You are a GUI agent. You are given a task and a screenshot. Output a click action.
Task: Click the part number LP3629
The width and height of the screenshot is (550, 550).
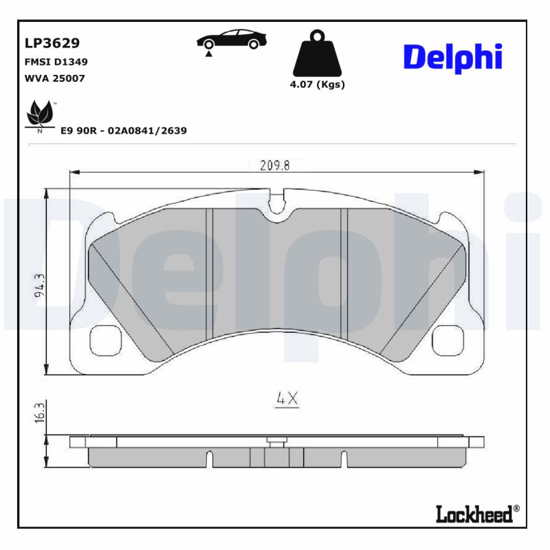pos(52,43)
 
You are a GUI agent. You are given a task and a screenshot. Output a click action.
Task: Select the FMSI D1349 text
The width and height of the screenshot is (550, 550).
pos(56,61)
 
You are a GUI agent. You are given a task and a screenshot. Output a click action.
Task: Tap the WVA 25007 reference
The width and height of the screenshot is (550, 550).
pos(54,78)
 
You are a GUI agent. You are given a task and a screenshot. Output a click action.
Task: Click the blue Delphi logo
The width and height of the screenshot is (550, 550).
pos(452,58)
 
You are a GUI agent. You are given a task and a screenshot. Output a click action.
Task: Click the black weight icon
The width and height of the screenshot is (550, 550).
pos(316,54)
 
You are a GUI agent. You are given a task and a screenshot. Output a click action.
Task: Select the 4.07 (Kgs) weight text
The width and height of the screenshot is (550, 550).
pos(317,85)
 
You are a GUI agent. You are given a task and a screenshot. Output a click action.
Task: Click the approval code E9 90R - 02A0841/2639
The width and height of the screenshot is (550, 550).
pos(124,130)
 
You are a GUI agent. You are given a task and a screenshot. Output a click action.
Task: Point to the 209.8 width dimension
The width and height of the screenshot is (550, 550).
pos(274,165)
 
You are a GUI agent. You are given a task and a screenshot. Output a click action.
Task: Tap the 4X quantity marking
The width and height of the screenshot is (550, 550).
pos(286,398)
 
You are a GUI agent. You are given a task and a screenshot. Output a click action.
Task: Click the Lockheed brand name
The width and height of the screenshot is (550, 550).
pos(474,513)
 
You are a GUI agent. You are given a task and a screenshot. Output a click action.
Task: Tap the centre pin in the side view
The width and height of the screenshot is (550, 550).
pos(276,442)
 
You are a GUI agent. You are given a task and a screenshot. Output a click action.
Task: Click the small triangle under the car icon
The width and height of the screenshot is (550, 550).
pos(208,54)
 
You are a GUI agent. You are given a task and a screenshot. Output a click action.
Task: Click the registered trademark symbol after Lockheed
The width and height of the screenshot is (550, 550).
pos(517,509)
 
